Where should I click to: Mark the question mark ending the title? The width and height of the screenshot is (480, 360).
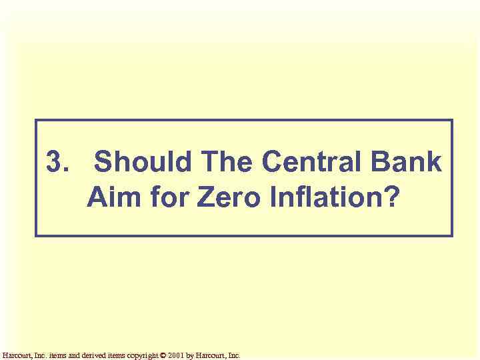pos(385,198)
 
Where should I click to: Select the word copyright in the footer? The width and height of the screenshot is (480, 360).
pos(139,355)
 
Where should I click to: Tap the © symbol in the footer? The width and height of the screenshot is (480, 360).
pos(163,355)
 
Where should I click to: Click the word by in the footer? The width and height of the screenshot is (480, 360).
pos(190,355)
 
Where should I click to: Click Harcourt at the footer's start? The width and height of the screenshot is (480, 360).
pos(15,355)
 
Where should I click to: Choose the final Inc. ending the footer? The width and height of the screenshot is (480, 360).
pos(234,355)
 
